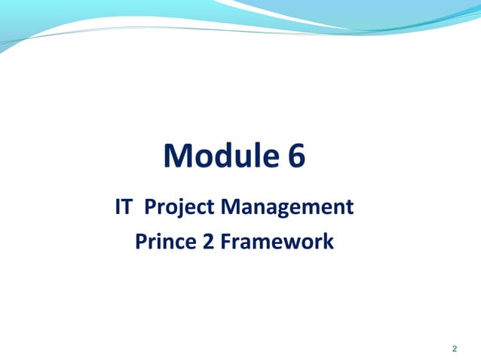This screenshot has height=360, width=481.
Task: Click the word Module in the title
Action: (x=220, y=156)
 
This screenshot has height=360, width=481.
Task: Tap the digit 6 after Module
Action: (x=296, y=156)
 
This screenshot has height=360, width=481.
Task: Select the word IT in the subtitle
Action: (x=124, y=206)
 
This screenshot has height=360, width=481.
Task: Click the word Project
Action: (x=180, y=206)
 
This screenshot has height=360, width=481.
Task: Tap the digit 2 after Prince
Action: (x=209, y=243)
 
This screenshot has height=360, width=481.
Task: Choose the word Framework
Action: (x=277, y=243)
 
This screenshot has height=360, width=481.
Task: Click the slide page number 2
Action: (x=454, y=348)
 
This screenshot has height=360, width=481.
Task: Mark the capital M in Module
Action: (x=178, y=156)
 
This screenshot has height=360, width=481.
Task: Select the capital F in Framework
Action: (x=226, y=243)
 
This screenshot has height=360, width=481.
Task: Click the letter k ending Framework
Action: (x=328, y=243)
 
